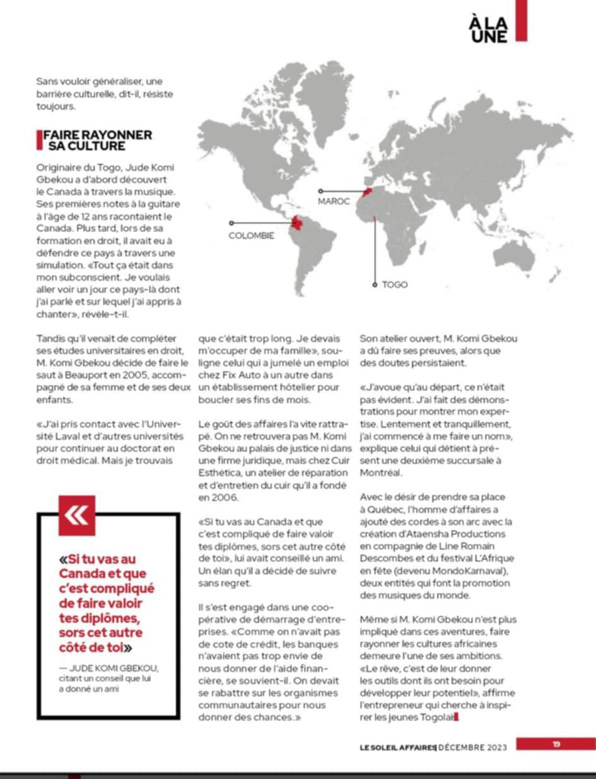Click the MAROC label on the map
point(334,201)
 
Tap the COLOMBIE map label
point(251,236)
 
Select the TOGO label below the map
point(395,284)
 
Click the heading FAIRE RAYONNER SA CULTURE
point(97,141)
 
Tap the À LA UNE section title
point(488,30)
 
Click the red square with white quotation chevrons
point(76,515)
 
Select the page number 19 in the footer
point(556,744)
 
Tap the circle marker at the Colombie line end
point(231,223)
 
